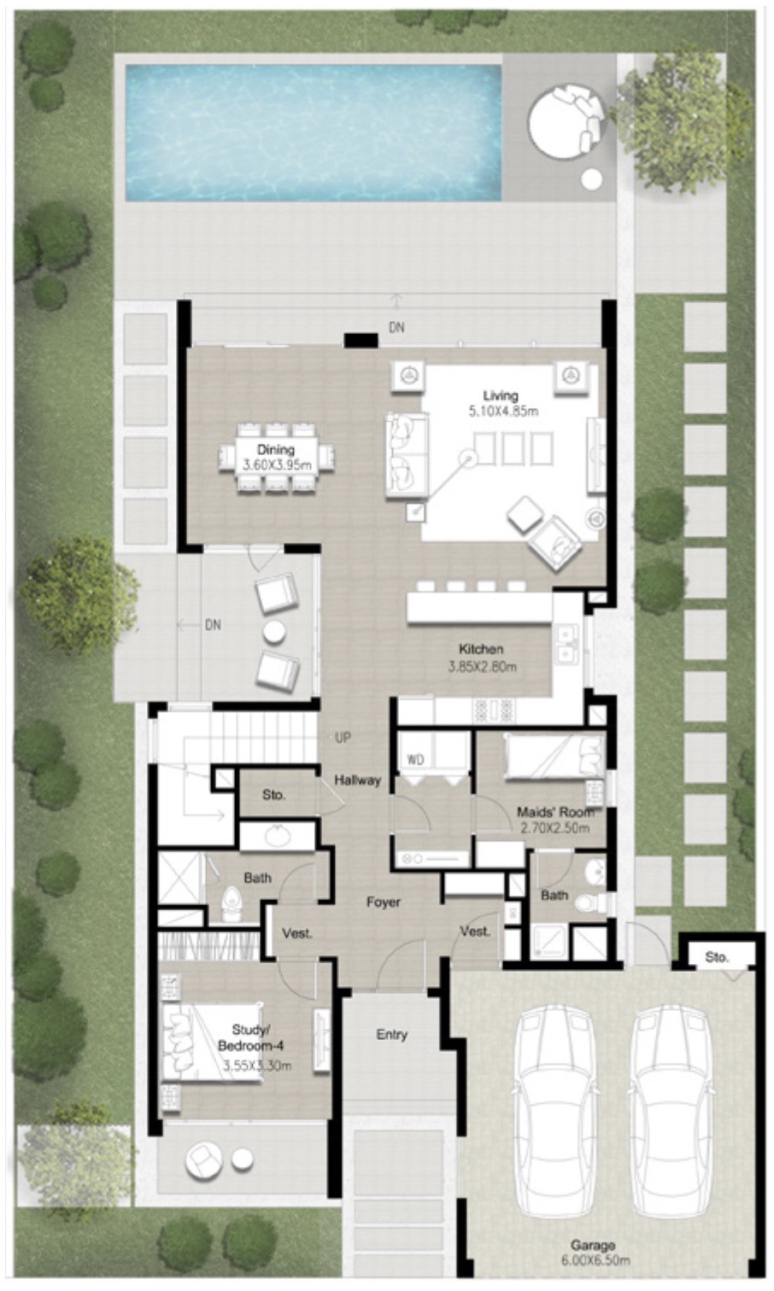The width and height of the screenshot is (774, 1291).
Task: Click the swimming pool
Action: [314, 133]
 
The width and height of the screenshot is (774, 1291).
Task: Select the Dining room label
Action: [276, 449]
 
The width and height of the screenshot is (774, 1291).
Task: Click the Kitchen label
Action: [481, 649]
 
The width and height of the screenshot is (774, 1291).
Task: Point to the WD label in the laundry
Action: [415, 760]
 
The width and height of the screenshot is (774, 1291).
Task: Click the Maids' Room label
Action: [555, 812]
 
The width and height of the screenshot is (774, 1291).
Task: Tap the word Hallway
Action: [358, 780]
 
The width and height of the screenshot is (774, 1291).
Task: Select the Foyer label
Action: [384, 902]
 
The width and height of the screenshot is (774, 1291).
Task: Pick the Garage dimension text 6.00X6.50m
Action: [595, 1260]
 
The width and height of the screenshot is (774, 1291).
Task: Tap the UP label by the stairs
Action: [343, 738]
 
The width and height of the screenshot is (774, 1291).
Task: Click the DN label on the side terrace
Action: [213, 625]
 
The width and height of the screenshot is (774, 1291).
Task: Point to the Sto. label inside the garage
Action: [717, 957]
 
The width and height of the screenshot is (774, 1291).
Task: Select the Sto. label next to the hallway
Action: [273, 795]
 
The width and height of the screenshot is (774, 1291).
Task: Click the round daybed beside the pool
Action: [567, 120]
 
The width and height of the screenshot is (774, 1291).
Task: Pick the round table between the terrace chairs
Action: [274, 632]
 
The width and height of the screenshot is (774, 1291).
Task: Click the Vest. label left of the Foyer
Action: [297, 933]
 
